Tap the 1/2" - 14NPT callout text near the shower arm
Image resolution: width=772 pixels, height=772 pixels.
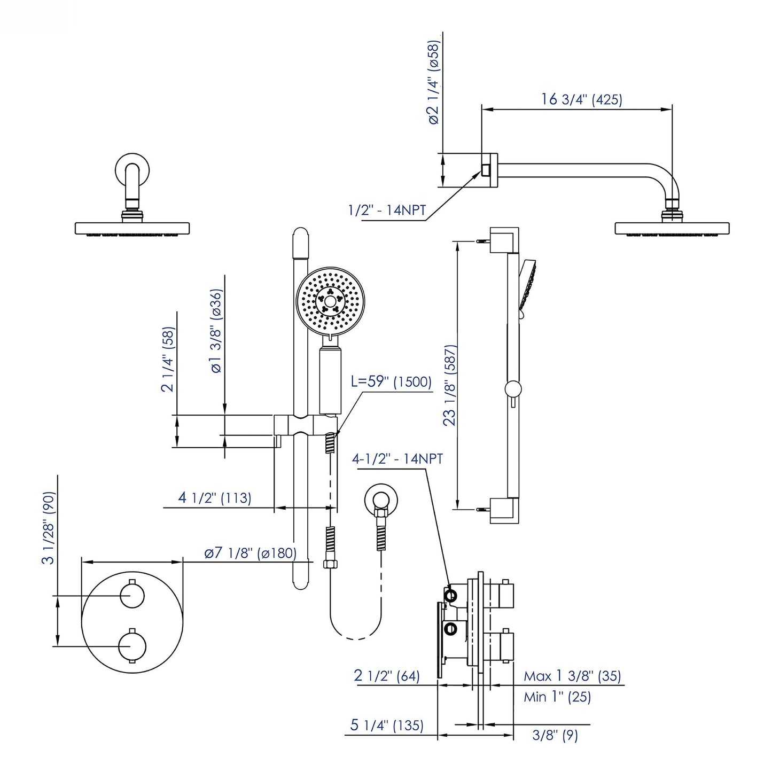point(387,210)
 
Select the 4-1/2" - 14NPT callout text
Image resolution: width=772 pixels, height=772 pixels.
point(397,458)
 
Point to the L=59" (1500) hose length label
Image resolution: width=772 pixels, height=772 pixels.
point(391,381)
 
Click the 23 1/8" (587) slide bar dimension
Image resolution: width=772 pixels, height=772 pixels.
point(450,385)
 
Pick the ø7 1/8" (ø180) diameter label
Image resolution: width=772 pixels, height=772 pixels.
point(249,553)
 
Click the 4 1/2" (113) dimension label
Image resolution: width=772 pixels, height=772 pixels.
point(214,497)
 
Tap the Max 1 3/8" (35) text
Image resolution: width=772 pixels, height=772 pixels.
point(572,676)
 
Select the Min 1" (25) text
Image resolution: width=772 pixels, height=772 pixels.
point(557,697)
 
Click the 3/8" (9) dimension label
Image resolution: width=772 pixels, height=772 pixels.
point(555,736)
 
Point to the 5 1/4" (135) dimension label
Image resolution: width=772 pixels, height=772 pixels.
point(387,725)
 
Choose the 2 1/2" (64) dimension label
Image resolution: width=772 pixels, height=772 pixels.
point(387,676)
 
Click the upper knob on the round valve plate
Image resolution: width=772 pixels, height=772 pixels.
point(132,595)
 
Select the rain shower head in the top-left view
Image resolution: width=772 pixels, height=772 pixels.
point(132,228)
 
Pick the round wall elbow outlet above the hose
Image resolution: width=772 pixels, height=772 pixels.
point(380,500)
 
